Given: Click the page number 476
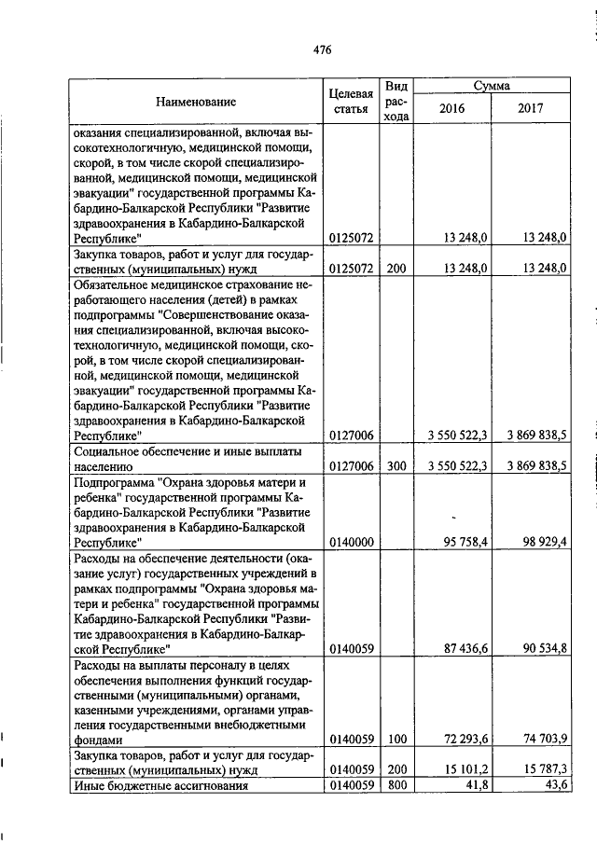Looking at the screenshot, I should pos(323,50).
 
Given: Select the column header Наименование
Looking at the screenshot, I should pos(196,101).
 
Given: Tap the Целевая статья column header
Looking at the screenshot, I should pos(352,102).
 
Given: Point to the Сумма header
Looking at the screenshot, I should pos(491,85).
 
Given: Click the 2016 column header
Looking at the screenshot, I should pos(451,109).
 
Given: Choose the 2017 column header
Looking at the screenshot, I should pos(531,109).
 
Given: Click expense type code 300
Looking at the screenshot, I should pos(396,464).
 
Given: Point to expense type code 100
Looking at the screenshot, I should pos(396,740).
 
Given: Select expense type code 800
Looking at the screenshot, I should pos(396,786).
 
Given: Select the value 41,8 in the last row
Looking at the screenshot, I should pos(475,786).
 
